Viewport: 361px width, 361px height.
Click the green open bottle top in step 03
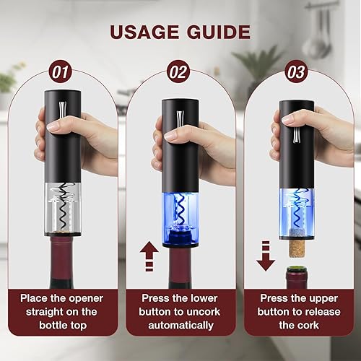click(293, 278)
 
